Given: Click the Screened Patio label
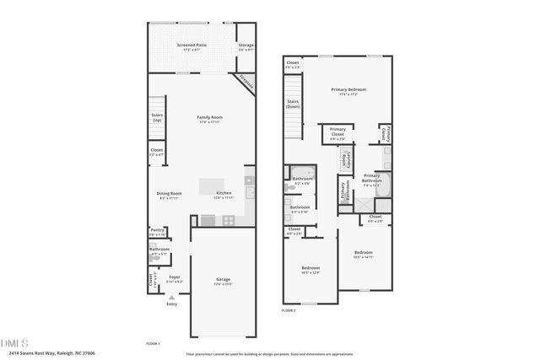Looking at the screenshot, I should point(191,46).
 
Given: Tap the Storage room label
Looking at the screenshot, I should point(246,46).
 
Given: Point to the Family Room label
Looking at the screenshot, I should point(208,118).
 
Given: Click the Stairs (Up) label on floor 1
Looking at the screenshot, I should point(157,117).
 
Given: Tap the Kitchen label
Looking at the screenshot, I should point(224,193).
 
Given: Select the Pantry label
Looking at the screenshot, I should point(157,230).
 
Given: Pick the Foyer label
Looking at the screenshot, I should point(175,277).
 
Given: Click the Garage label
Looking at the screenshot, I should point(224,280).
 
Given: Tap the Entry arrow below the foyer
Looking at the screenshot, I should point(172,298).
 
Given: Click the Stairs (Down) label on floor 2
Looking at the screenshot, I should point(292,105).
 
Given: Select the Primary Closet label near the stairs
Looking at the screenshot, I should point(337,132).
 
